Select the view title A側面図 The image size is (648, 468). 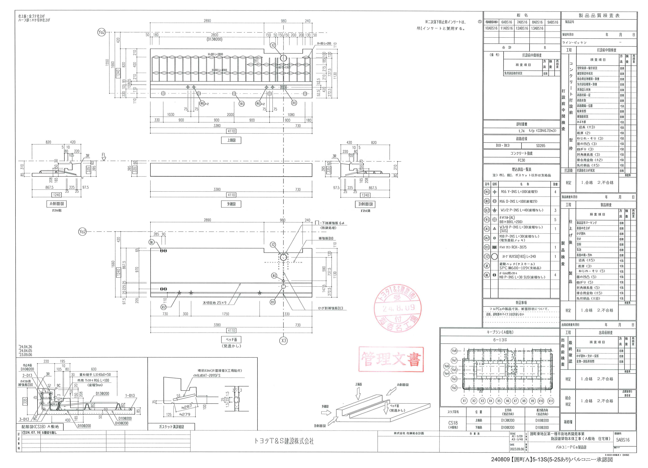[57, 204]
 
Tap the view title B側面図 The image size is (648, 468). [365, 204]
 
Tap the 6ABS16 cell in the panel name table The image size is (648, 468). [507, 22]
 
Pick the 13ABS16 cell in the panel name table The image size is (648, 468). [537, 28]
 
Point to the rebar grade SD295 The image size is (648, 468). [541, 145]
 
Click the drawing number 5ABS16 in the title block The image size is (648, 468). [623, 440]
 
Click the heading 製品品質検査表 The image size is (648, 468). [599, 16]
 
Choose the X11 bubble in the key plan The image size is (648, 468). [551, 401]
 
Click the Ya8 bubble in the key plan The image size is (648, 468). [454, 351]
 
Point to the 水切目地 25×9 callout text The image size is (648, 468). [214, 303]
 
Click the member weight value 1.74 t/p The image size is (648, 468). [521, 131]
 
